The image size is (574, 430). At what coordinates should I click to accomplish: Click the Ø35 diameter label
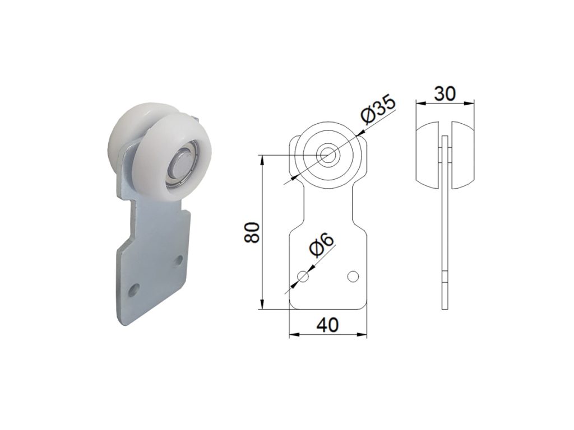[378, 110]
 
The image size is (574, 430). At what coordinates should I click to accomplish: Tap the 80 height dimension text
[252, 232]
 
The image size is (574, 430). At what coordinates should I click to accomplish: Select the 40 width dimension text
[327, 325]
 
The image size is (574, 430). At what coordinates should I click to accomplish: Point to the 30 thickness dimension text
[445, 93]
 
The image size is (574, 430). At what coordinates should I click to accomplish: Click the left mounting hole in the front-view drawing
[303, 276]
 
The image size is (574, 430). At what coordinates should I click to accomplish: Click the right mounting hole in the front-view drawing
[353, 276]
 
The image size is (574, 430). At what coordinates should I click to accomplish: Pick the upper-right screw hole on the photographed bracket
[179, 260]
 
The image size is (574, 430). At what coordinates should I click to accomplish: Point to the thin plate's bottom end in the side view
[445, 302]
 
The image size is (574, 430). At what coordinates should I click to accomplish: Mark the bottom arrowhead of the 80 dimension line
[262, 306]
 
